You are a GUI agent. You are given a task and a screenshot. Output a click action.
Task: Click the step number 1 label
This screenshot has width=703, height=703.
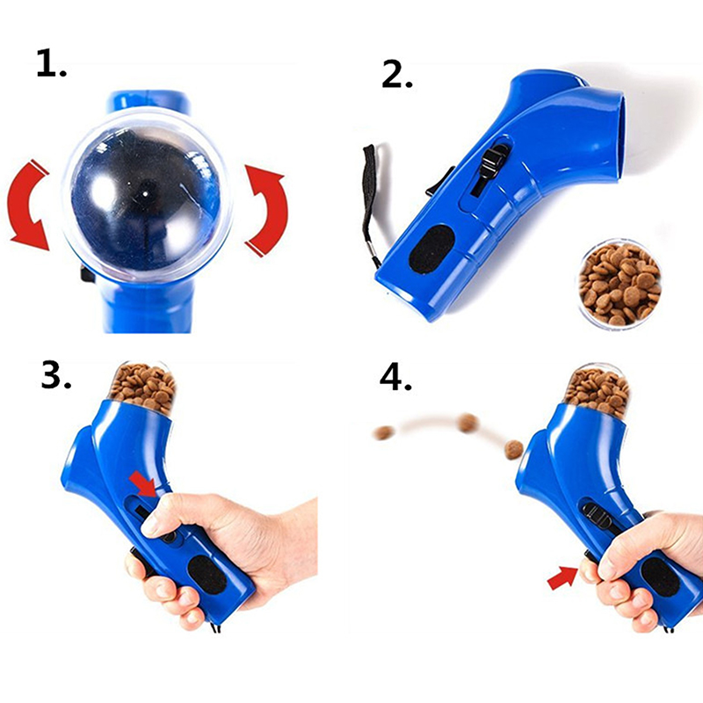(x=51, y=63)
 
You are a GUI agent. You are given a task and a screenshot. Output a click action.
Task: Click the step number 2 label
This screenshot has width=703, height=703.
(x=397, y=74)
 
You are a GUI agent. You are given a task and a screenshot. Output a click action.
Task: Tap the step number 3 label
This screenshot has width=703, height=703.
(x=56, y=375)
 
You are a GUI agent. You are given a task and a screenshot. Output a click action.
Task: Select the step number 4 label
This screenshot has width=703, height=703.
(x=395, y=378)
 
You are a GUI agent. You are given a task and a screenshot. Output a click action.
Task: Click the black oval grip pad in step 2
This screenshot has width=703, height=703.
(x=431, y=250)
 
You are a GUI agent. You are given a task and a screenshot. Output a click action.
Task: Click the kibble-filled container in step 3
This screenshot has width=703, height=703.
(x=142, y=387)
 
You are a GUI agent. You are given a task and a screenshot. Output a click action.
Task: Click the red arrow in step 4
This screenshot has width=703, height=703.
(x=562, y=577)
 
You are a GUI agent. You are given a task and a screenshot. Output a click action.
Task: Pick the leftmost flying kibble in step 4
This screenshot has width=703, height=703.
(x=383, y=432)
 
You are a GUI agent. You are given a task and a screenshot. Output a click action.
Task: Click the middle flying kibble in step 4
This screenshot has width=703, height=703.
(x=467, y=423)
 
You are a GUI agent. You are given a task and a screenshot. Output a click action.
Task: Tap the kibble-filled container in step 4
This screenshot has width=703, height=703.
(x=598, y=390)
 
